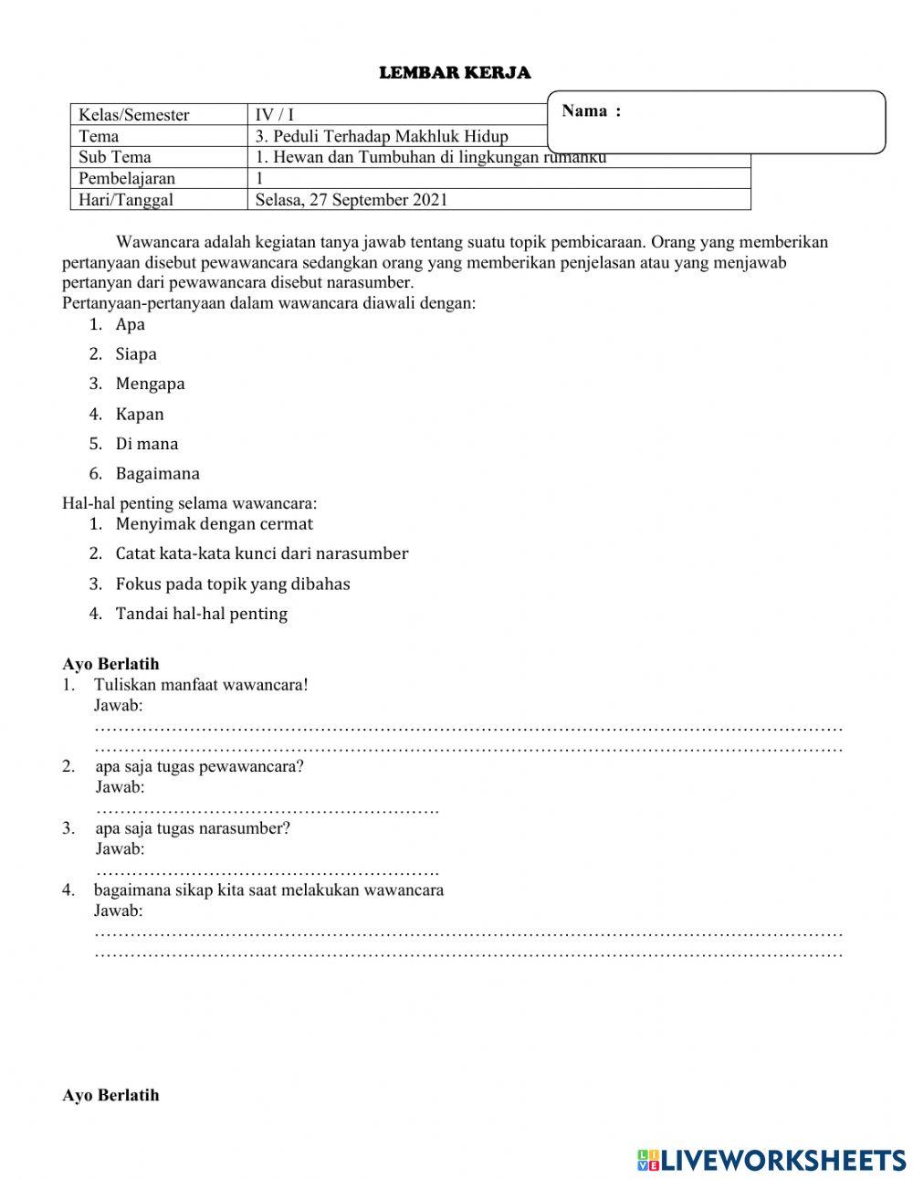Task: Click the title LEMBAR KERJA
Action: pos(455,73)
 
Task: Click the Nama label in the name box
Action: pos(591,111)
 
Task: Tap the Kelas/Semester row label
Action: pos(134,115)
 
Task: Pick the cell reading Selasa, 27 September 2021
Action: pos(352,200)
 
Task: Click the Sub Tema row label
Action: pos(115,157)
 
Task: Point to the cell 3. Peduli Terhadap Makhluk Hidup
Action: pos(382,136)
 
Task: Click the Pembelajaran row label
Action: pos(127,178)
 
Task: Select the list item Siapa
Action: pos(136,354)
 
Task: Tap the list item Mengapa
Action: pos(150,384)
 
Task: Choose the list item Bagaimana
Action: pos(157,474)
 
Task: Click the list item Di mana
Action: pos(146,444)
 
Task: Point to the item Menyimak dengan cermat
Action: pos(214,524)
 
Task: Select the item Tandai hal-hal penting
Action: pos(201,614)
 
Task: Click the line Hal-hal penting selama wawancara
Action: pos(190,503)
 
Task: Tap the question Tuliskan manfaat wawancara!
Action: pos(201,685)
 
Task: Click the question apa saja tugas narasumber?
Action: pos(193,828)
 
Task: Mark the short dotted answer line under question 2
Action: pos(267,809)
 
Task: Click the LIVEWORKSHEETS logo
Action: pos(771,1160)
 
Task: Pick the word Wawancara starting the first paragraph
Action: pos(158,243)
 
